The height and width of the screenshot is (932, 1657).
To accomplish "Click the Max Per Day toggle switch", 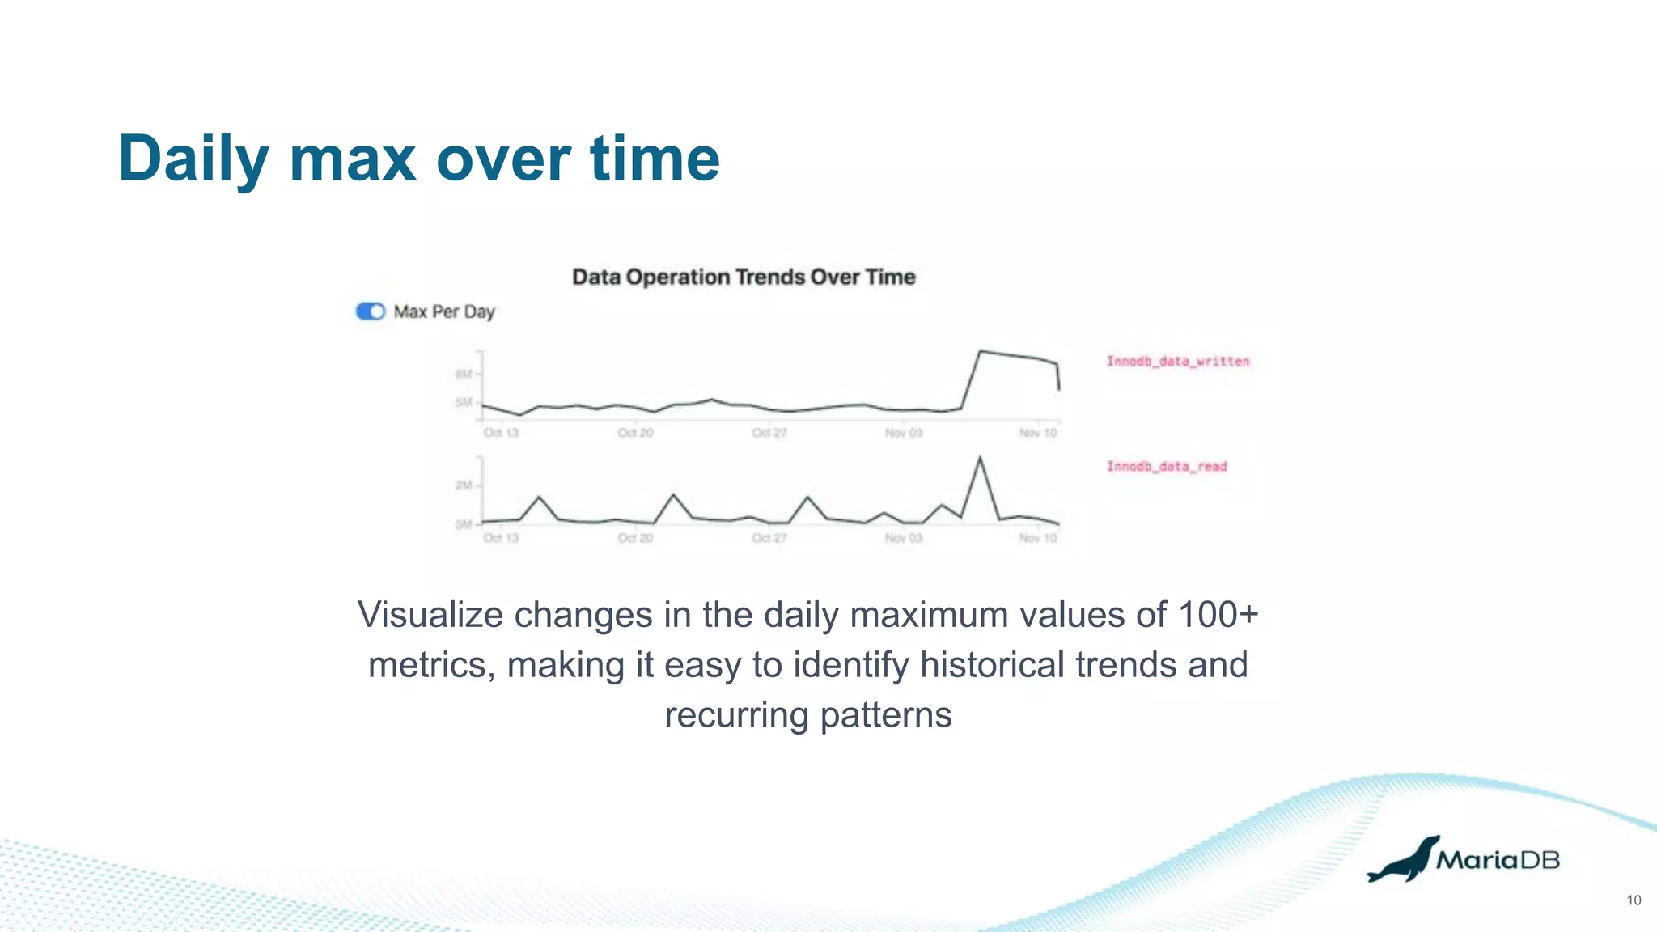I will pos(371,311).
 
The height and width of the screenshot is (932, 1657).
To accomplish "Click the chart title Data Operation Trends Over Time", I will pos(744,277).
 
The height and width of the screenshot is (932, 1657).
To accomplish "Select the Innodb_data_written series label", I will pos(1178,362).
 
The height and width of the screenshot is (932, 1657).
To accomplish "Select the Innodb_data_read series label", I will pos(1167,467).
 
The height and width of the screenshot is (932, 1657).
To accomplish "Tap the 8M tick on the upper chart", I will pos(464,375).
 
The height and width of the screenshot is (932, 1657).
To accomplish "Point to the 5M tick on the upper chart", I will pos(464,402).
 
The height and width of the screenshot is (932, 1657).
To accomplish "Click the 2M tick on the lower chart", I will pos(464,485).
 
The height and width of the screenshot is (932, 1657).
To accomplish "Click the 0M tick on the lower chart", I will pos(464,524).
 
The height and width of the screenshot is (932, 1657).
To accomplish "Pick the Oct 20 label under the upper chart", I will pos(635,433).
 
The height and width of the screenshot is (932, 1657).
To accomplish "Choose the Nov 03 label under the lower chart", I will pos(904,538).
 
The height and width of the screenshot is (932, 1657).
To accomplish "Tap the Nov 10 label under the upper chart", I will pos(1038,433).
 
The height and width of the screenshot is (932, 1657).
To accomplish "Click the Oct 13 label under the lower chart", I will pos(501,538).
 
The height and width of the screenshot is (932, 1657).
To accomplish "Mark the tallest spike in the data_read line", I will pos(981,458).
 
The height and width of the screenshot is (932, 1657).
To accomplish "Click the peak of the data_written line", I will pos(981,351).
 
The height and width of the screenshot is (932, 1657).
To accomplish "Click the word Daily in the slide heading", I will pos(193,159).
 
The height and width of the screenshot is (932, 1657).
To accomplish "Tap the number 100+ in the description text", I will pos(1218,615).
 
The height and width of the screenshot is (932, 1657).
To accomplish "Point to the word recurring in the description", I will pos(736,715).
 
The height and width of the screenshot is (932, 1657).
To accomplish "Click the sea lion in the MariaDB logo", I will pos(1404,861).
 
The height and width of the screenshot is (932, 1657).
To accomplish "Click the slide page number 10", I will pos(1634,900).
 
